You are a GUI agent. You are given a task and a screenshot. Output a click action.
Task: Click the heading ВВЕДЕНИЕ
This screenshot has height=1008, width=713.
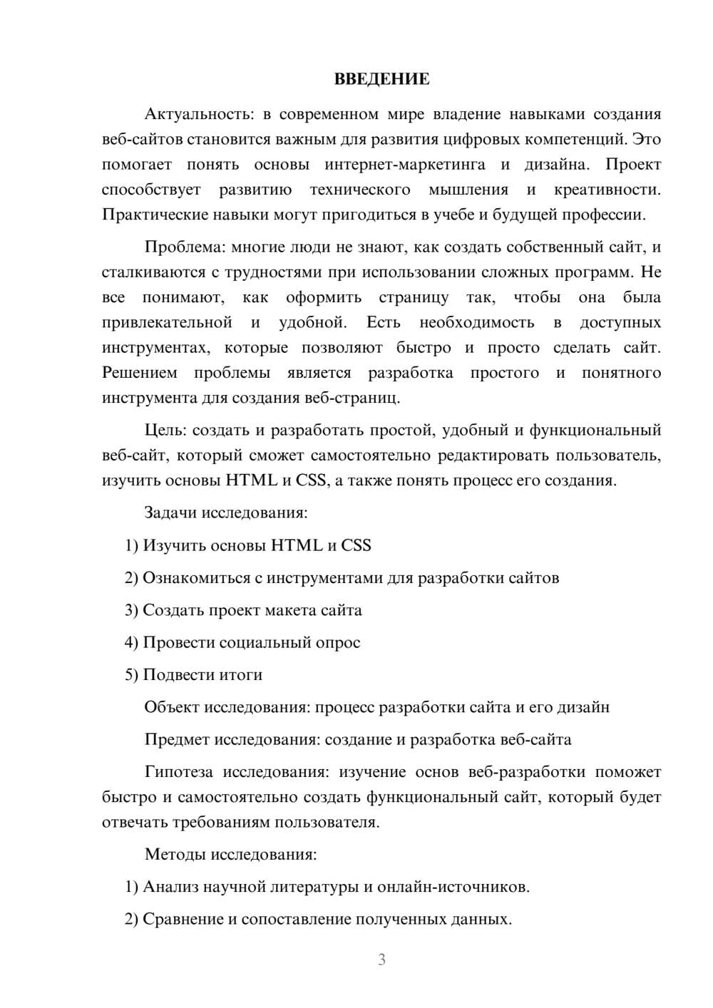381,79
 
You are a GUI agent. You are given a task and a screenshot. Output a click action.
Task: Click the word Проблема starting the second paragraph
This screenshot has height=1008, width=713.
182,247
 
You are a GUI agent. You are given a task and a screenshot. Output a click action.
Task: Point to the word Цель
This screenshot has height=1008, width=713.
164,430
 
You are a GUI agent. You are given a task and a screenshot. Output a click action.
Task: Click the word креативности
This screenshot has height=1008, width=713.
607,190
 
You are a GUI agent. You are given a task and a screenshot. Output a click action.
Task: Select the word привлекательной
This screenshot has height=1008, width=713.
167,322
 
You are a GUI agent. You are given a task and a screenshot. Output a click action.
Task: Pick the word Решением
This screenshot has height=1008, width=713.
140,373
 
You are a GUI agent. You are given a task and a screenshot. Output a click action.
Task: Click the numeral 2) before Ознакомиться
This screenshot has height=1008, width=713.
131,577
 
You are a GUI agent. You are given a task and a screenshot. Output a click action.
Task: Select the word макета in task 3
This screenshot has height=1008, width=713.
290,610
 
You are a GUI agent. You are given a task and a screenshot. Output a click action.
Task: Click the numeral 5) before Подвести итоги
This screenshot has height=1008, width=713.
131,674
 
